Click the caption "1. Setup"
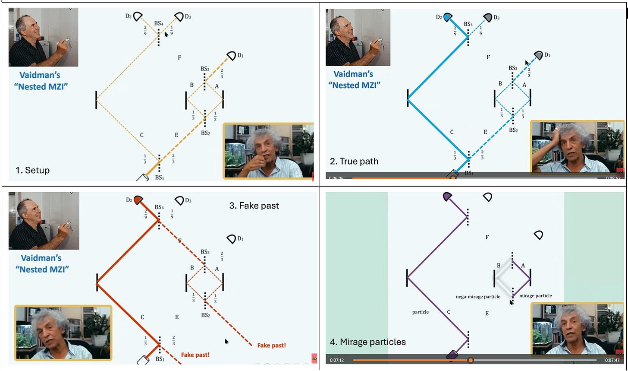(32, 170)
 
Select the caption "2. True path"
(354, 162)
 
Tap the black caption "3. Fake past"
(254, 206)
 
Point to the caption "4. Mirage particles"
(367, 342)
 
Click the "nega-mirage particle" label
(478, 297)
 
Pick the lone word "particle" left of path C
(420, 312)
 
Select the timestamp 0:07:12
(337, 360)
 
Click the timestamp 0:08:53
(612, 178)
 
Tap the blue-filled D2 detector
(448, 17)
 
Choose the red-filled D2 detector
(138, 200)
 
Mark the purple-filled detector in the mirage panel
(448, 197)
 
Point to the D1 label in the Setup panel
(240, 55)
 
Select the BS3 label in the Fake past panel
(205, 252)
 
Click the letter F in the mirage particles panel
(487, 237)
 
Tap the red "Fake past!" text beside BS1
(195, 355)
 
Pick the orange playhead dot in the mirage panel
(471, 360)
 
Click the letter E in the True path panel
(485, 132)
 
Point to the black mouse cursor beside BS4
(166, 34)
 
